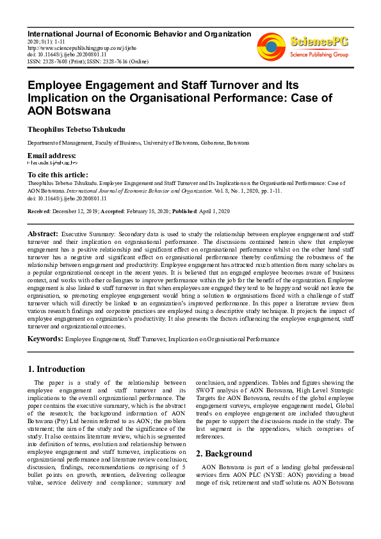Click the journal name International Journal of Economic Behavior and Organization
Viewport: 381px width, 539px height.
click(139, 33)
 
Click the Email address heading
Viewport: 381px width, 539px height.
click(51, 156)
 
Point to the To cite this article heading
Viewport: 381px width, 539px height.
click(58, 175)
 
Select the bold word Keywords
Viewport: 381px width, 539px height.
click(45, 339)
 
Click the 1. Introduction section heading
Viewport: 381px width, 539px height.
click(56, 369)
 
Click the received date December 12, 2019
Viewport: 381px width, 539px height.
click(74, 211)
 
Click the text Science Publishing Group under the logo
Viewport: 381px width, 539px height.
click(319, 55)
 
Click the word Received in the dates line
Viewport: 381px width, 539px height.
click(38, 211)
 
